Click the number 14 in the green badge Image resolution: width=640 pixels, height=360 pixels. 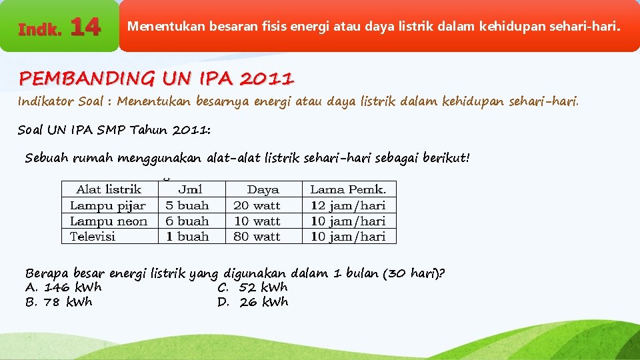point(85,27)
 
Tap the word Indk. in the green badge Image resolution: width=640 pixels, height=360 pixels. point(40,30)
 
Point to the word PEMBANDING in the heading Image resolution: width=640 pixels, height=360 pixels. point(86,79)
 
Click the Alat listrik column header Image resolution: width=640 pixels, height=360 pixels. point(109,189)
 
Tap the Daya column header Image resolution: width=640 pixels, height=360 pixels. point(263,189)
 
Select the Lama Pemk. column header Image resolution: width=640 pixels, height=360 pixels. point(348,189)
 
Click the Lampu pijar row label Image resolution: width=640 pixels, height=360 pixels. point(107,205)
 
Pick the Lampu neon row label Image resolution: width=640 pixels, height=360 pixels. point(109,221)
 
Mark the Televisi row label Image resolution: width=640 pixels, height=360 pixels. point(93,236)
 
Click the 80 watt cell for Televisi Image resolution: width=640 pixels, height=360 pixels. point(257,236)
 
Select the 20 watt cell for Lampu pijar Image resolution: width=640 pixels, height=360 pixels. point(257,205)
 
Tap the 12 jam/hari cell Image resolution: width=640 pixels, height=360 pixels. point(348,205)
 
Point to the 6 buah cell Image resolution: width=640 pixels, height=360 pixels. point(187,221)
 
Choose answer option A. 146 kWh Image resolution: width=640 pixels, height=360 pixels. point(63,287)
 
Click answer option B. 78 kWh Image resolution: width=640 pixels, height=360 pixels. point(59,302)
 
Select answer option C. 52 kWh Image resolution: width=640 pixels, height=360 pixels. point(253,287)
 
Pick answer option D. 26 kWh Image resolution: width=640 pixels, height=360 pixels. point(253,302)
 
